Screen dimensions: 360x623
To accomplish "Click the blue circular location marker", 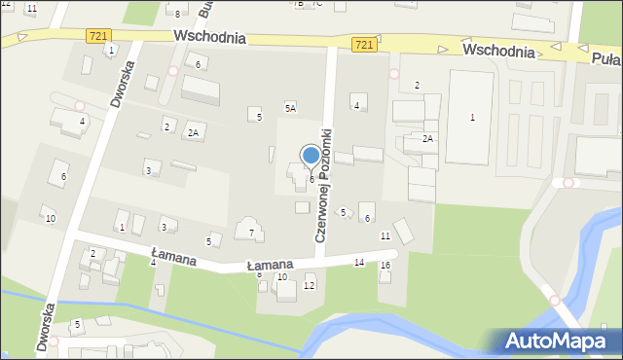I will pos(311,155).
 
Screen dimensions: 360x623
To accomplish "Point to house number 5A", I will pos(290,107).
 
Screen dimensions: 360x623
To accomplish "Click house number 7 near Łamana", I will pos(251,233).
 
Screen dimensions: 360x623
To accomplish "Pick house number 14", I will pos(359,263).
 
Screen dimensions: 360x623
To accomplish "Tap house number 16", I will pos(385,266).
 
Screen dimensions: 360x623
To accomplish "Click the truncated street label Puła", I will pos(607,57).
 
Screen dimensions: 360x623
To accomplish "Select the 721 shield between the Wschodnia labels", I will pos(363,45).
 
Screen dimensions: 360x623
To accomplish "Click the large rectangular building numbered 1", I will pos(472,118).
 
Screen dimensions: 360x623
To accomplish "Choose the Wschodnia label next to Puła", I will pos(499,51).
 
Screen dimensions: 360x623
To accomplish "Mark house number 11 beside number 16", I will pos(385,236).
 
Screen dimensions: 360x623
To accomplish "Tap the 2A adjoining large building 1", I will pos(427,139).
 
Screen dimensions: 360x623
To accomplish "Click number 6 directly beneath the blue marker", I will pos(311,179).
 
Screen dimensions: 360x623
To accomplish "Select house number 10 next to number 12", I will pos(282,277).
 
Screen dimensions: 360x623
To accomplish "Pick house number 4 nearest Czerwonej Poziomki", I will pos(357,105).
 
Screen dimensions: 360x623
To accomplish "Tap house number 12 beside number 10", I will pos(310,285).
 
